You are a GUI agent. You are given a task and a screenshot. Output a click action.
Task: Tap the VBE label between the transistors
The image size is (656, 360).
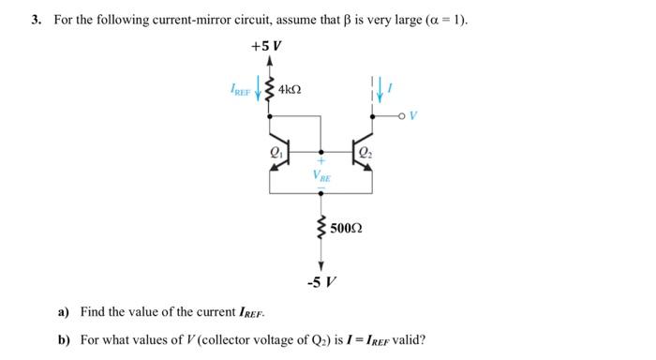coord(321,175)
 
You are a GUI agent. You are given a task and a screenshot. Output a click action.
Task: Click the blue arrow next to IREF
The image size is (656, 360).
coord(259,90)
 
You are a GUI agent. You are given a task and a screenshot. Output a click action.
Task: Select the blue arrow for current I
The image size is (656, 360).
coord(379,89)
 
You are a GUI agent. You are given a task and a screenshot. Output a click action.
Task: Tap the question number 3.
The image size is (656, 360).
coord(34,19)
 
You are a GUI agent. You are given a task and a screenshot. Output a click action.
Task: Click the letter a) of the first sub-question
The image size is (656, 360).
coord(65,311)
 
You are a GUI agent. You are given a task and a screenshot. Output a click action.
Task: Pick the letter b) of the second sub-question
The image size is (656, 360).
coord(65,339)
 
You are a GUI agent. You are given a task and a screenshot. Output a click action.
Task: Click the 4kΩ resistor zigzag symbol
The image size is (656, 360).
coord(271,90)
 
